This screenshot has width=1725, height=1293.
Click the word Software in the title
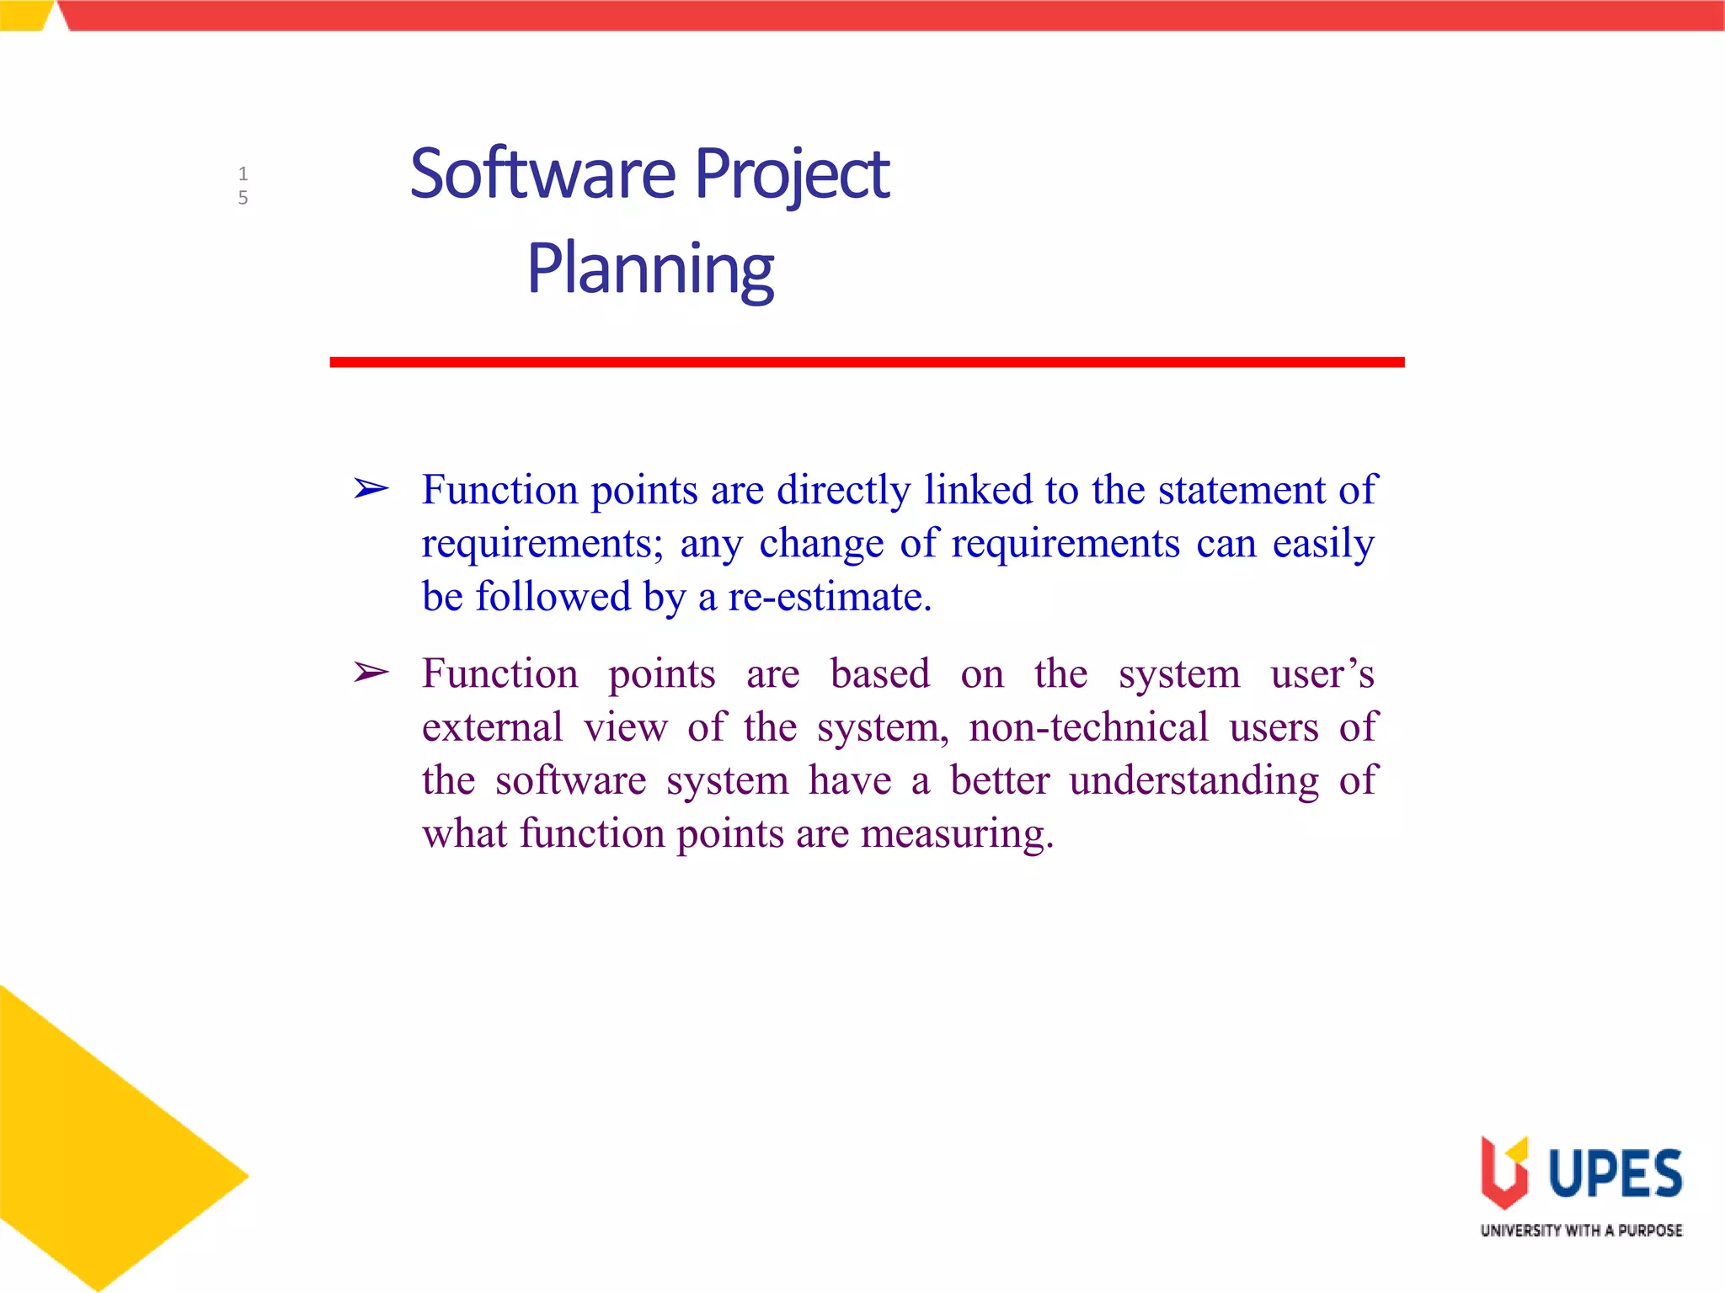(x=542, y=174)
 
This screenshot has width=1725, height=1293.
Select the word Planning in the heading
(x=650, y=269)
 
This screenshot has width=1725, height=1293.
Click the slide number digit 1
(x=243, y=174)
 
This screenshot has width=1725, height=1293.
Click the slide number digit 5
(x=243, y=198)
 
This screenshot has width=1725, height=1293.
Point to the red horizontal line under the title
(x=867, y=362)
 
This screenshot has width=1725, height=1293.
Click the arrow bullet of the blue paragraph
(x=371, y=488)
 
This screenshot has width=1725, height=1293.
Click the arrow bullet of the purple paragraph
(x=371, y=673)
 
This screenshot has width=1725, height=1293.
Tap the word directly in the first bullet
(x=843, y=490)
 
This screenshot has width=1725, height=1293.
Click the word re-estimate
(x=829, y=597)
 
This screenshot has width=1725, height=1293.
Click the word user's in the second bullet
(x=1322, y=674)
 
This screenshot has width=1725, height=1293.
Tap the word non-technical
(x=1088, y=727)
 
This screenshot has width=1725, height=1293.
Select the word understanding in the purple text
(x=1194, y=780)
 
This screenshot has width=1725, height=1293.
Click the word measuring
(x=957, y=834)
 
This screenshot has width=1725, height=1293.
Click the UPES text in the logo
(x=1615, y=1173)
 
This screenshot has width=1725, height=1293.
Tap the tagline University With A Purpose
(x=1581, y=1231)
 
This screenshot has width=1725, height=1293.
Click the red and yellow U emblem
(x=1504, y=1172)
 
